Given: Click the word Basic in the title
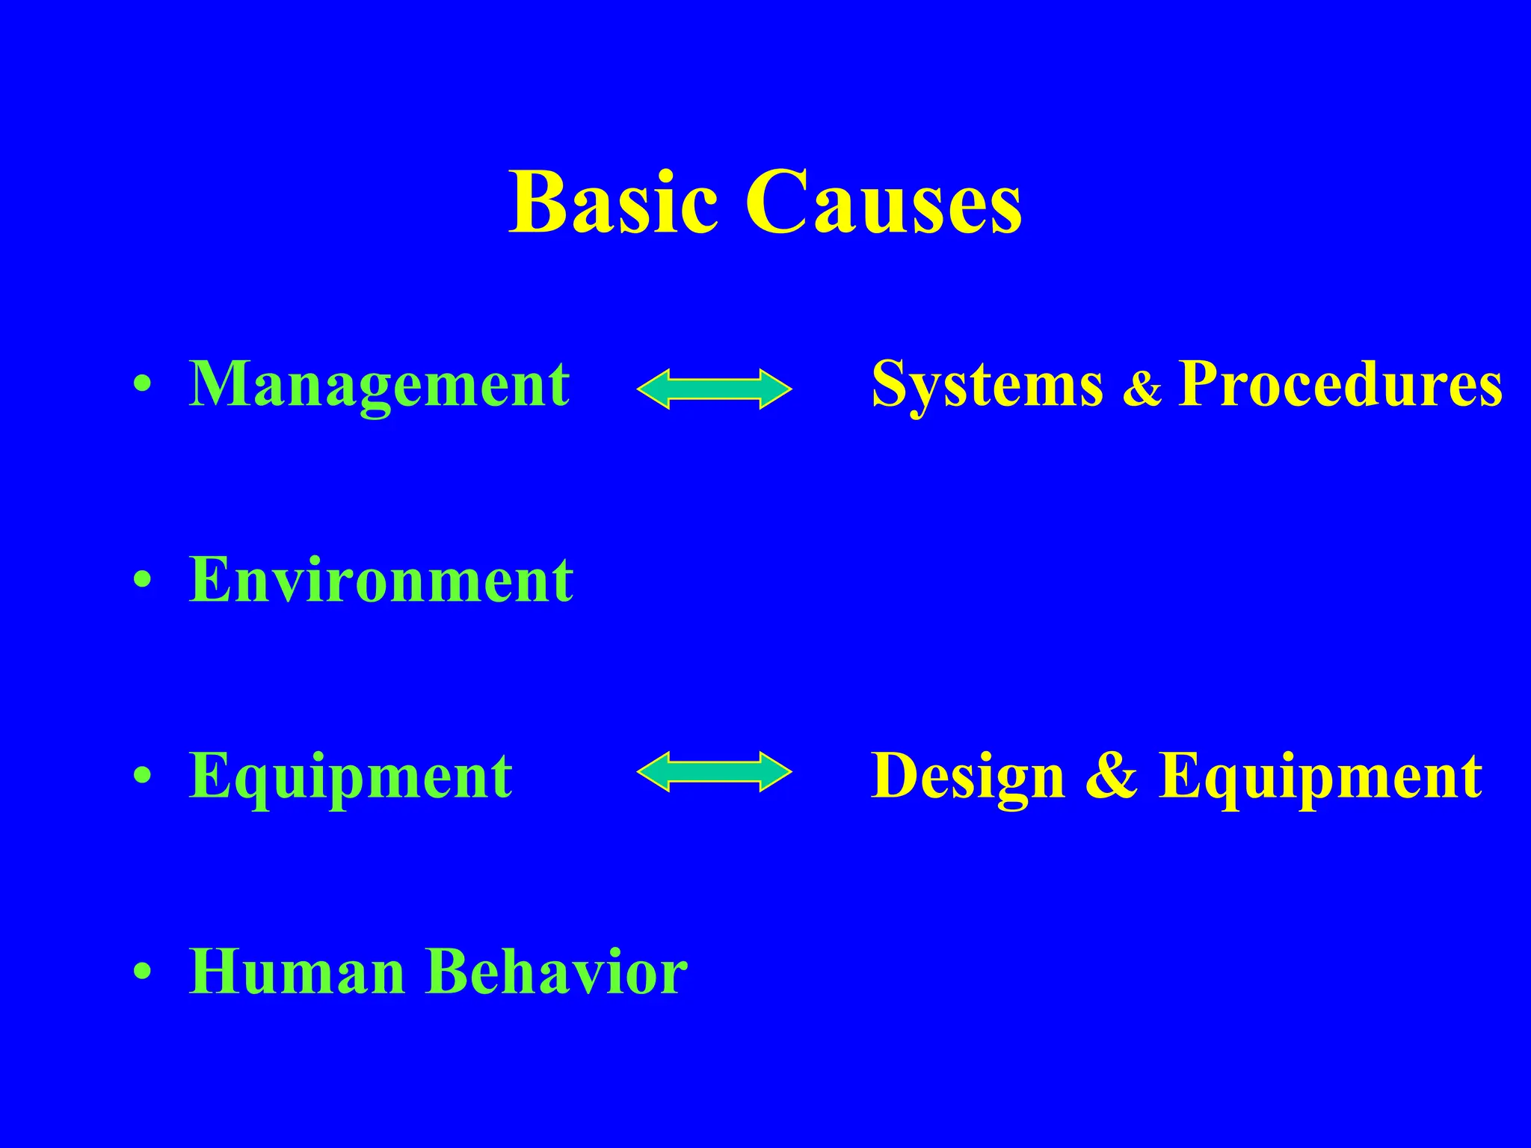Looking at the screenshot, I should (x=613, y=202).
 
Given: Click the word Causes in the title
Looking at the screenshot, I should (x=884, y=202).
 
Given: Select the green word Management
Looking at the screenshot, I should (x=380, y=385).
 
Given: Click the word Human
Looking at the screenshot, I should (x=297, y=972).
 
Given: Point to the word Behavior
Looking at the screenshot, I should (x=557, y=972).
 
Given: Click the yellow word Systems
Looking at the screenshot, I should (x=987, y=385).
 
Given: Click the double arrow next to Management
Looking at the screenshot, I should (x=714, y=389).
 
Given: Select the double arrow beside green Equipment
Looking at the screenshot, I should (x=714, y=771).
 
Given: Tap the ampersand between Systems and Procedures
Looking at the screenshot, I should (x=1142, y=389).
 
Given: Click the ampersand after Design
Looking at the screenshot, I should (x=1112, y=776).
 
